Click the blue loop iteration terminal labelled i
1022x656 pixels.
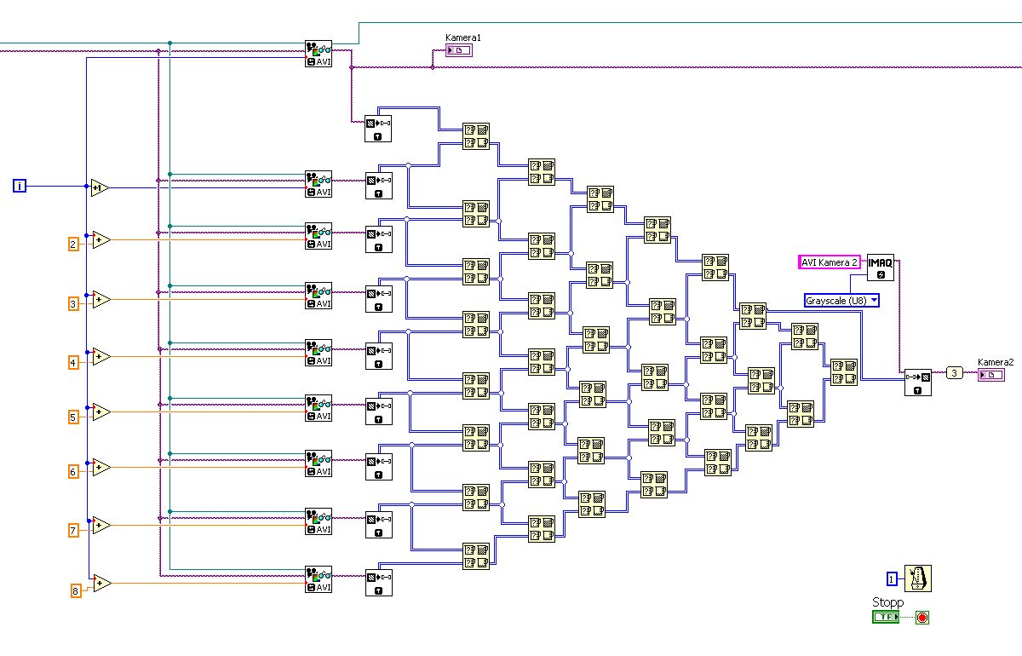point(20,186)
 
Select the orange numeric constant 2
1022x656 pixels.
point(73,245)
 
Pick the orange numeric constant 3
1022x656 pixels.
point(73,303)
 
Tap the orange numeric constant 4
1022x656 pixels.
point(73,363)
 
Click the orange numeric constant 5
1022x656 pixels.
point(73,417)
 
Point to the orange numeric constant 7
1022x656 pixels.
point(73,531)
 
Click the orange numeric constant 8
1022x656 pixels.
point(75,590)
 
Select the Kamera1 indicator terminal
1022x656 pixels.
point(458,51)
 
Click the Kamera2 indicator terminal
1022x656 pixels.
point(990,375)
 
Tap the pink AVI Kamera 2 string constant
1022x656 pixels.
point(830,262)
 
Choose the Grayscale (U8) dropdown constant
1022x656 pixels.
point(841,300)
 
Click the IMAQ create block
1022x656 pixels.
point(881,268)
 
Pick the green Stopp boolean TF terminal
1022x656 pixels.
point(886,617)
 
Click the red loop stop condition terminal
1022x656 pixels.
point(922,618)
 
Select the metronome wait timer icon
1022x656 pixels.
point(918,578)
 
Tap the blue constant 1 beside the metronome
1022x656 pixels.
point(892,579)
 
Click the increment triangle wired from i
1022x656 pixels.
point(100,187)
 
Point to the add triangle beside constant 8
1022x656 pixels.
point(101,584)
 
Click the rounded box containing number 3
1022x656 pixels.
point(955,372)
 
